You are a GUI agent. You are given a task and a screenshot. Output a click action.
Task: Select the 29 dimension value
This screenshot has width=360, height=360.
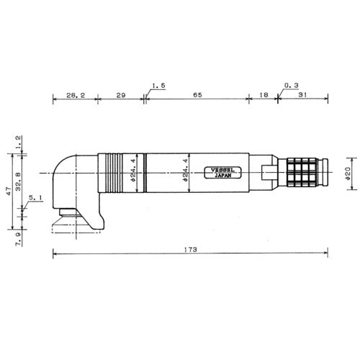pyautogui.click(x=120, y=94)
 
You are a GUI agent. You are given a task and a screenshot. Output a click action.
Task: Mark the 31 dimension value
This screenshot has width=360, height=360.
pyautogui.click(x=302, y=94)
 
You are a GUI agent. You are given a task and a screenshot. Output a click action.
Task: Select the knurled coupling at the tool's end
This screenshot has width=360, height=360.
pyautogui.click(x=306, y=173)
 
